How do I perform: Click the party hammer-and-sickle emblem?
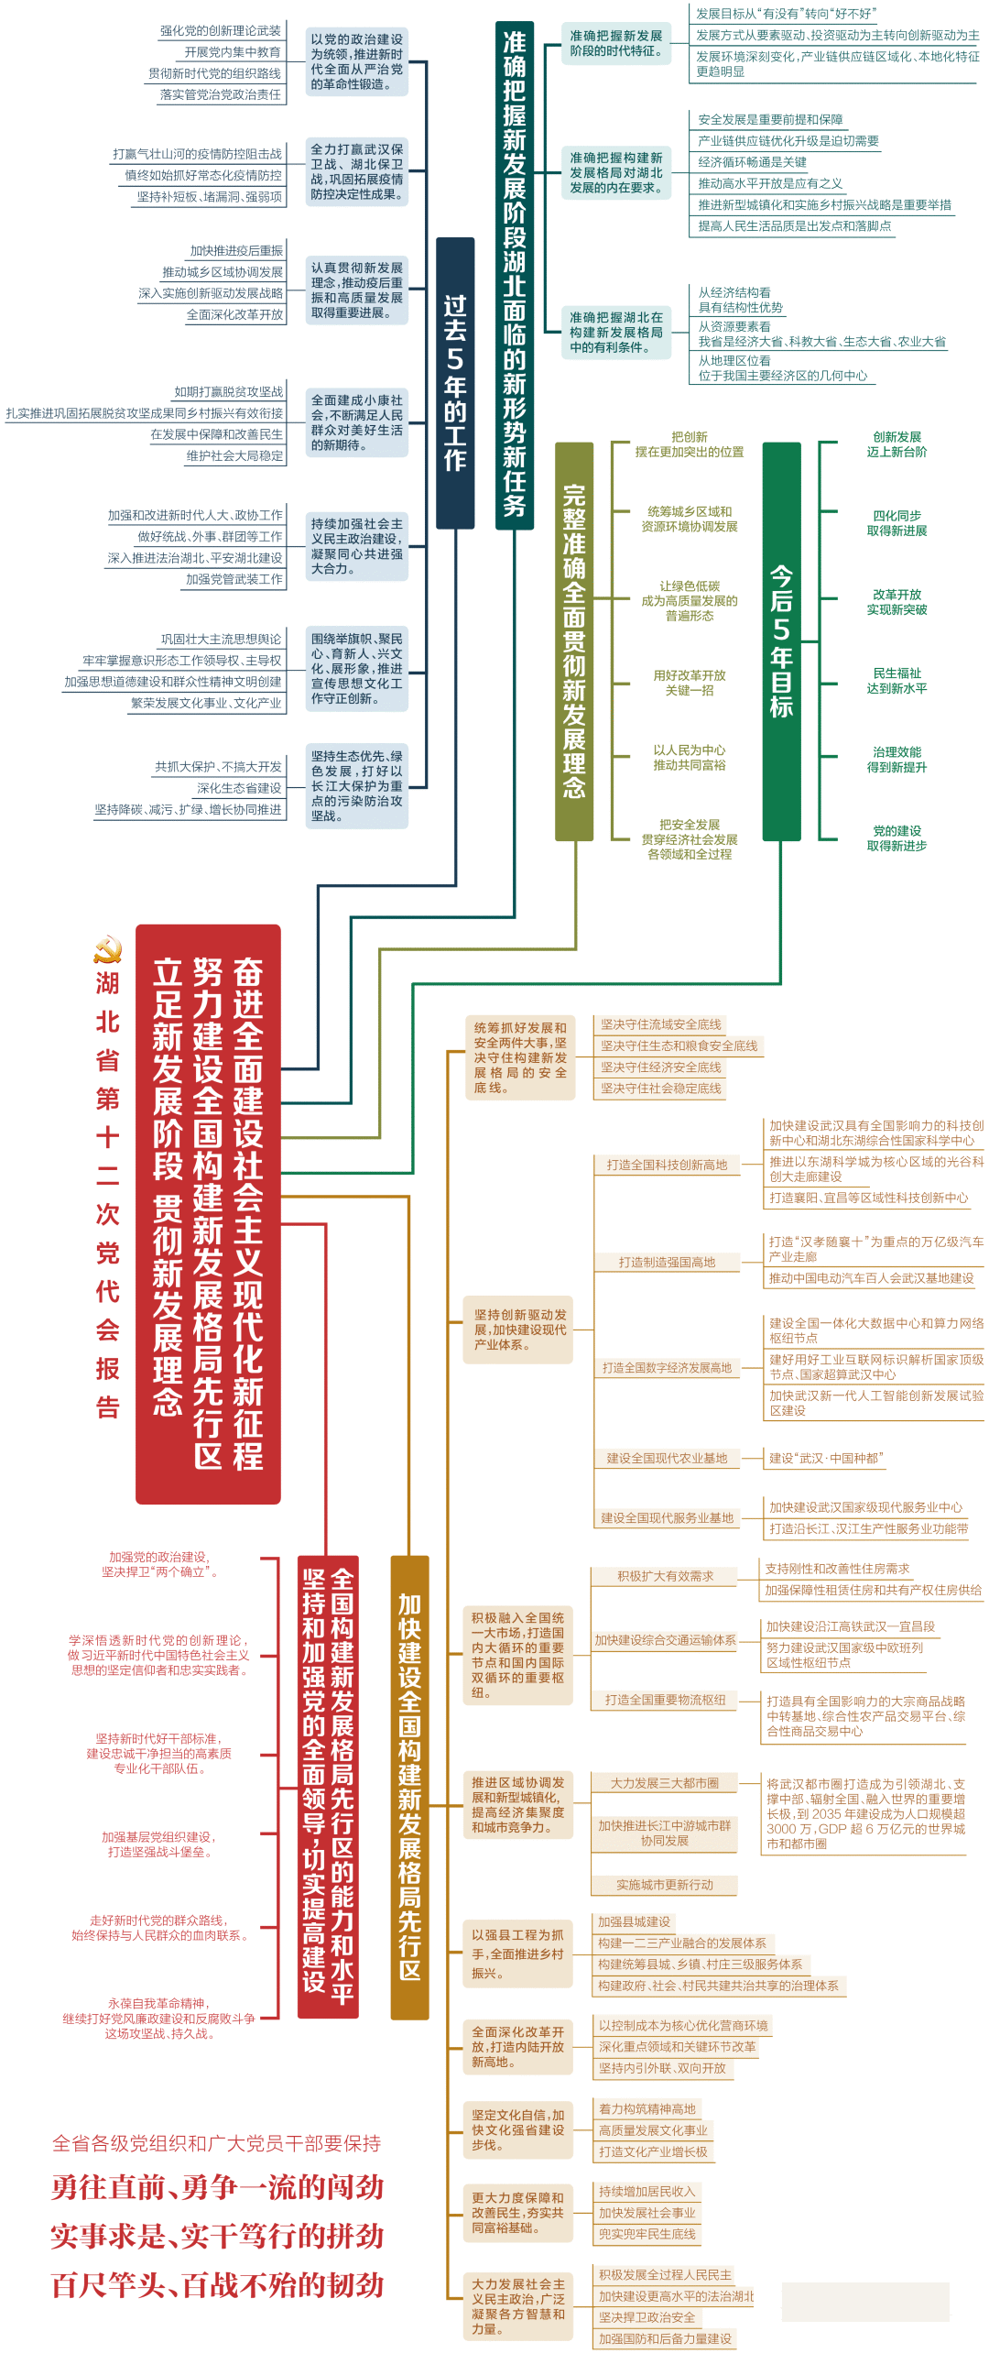pos(107,949)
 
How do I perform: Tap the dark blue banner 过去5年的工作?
pos(455,383)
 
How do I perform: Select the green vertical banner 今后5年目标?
pos(781,641)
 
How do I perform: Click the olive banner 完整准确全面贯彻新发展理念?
pos(574,641)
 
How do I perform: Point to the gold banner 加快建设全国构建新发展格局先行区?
pos(409,1787)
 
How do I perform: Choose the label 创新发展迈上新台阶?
pos(897,444)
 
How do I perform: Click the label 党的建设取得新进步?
pos(897,838)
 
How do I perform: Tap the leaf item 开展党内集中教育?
pos(233,52)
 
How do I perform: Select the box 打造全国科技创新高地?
pos(667,1165)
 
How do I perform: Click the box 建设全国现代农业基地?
pos(667,1458)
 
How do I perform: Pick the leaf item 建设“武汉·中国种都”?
pos(826,1458)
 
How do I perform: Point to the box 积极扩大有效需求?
pos(665,1576)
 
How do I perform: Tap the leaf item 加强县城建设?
pos(635,1921)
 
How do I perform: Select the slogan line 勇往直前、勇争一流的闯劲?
pos(218,2187)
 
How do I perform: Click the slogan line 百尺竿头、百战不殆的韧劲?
pos(218,2284)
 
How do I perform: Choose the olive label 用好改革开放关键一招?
pos(690,683)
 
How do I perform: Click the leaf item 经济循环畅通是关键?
pos(753,162)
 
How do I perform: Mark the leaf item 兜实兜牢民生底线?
pos(647,2234)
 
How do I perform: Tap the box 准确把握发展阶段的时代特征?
pos(616,43)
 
